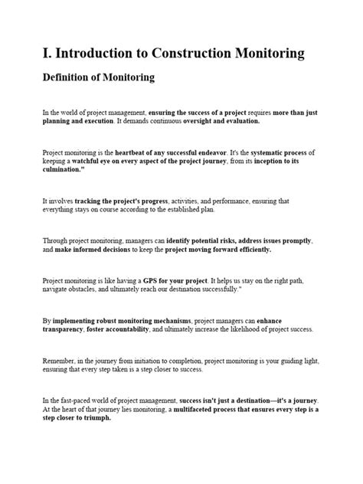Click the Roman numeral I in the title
(47, 53)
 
